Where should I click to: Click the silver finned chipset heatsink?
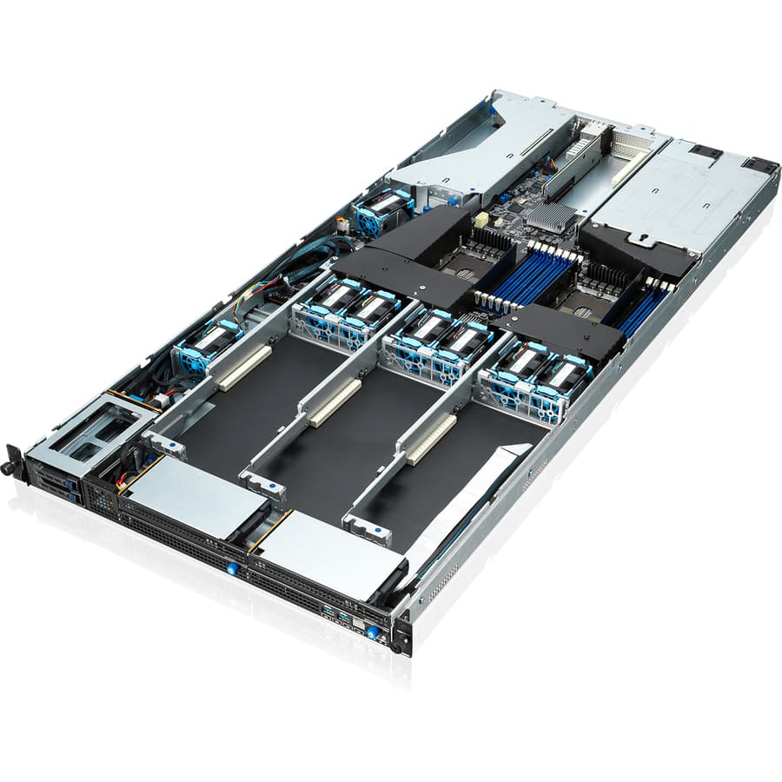click(x=550, y=216)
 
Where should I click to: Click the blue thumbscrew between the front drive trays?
click(x=232, y=568)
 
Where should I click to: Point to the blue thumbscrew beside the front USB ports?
click(x=373, y=633)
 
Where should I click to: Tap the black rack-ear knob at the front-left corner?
click(x=11, y=467)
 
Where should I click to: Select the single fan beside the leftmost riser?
click(x=205, y=345)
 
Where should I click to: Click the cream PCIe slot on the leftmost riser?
click(x=244, y=367)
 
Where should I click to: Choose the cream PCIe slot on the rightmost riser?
click(x=432, y=439)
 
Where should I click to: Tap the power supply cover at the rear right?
click(x=686, y=195)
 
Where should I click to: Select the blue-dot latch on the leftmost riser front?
click(x=167, y=446)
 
